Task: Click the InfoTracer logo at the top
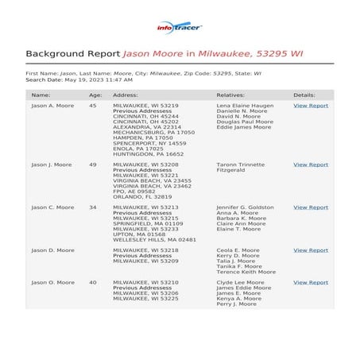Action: [180, 28]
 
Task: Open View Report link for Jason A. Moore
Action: [310, 105]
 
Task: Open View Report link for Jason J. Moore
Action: [310, 165]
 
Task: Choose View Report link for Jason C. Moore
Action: [310, 207]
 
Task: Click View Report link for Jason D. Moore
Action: [310, 250]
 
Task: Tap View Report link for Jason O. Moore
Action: [310, 282]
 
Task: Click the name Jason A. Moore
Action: [52, 105]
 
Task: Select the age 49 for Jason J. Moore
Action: [93, 165]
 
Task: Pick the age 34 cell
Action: [93, 207]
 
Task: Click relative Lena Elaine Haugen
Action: [245, 105]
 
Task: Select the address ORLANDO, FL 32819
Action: [142, 196]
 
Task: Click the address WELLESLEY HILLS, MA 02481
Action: [154, 239]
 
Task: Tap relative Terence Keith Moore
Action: [246, 272]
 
